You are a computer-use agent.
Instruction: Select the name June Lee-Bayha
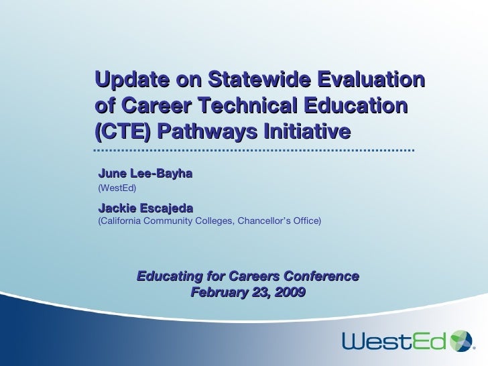(145, 174)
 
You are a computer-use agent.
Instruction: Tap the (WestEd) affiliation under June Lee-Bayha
(117, 188)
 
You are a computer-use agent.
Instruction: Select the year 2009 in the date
(290, 292)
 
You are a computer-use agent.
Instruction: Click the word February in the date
(217, 292)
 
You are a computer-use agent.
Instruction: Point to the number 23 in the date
(258, 292)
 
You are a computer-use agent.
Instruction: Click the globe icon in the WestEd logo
(462, 341)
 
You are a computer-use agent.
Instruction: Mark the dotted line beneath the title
(254, 150)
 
